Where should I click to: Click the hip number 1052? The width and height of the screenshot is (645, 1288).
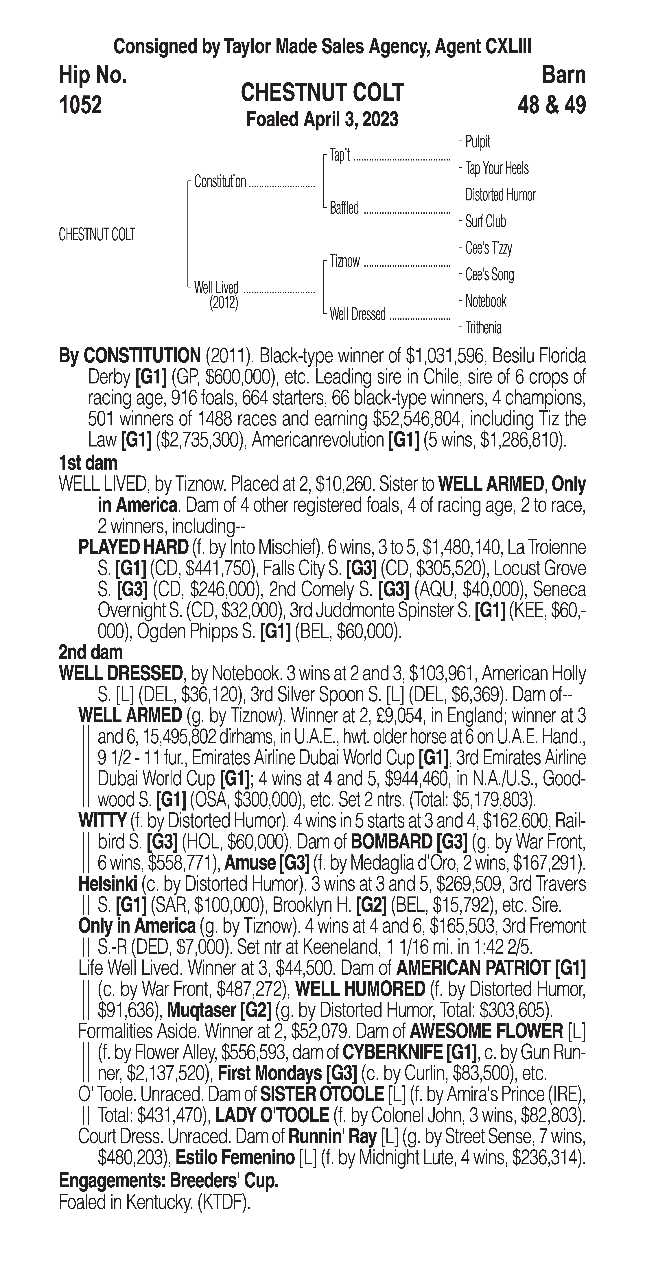coord(80,105)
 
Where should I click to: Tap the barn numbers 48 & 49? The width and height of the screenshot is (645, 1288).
coord(552,105)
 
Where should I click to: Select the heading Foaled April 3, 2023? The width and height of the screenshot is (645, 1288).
coord(322,119)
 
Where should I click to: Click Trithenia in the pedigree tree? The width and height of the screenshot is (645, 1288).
coord(483,328)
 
